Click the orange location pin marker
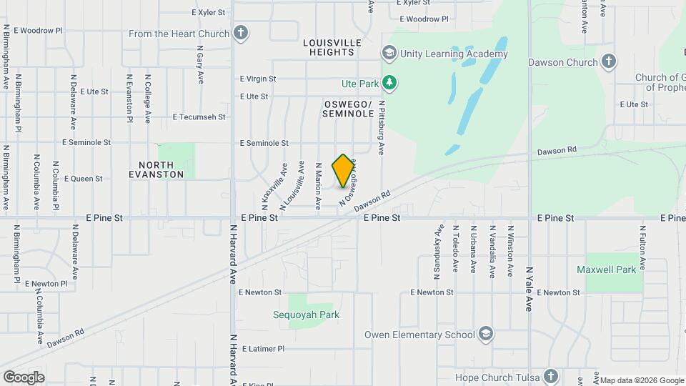coord(344,170)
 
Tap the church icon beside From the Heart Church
coord(242,33)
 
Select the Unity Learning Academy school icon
coord(389,53)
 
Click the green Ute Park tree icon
coord(389,84)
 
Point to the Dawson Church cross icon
coord(609,61)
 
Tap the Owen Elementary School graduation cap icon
coord(486,335)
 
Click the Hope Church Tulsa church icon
coord(551,377)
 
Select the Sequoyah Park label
coord(306,315)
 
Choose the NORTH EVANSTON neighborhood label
coord(156,169)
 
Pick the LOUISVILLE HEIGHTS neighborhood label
coord(332,47)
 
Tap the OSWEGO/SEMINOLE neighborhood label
coord(348,109)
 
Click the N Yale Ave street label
coord(530,289)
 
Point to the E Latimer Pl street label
coord(263,349)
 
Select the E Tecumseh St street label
coord(199,117)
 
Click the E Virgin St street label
coord(258,79)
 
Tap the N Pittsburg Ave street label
coord(382,127)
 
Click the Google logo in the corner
coord(24,377)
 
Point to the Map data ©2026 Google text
coord(641,380)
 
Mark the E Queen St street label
coord(83,179)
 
